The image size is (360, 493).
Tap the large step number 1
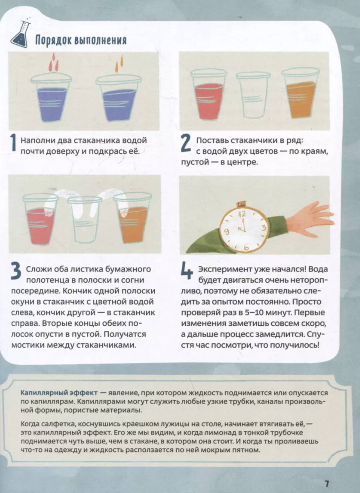[13, 144]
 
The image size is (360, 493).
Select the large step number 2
[186, 144]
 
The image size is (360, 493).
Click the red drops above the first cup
[53, 62]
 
